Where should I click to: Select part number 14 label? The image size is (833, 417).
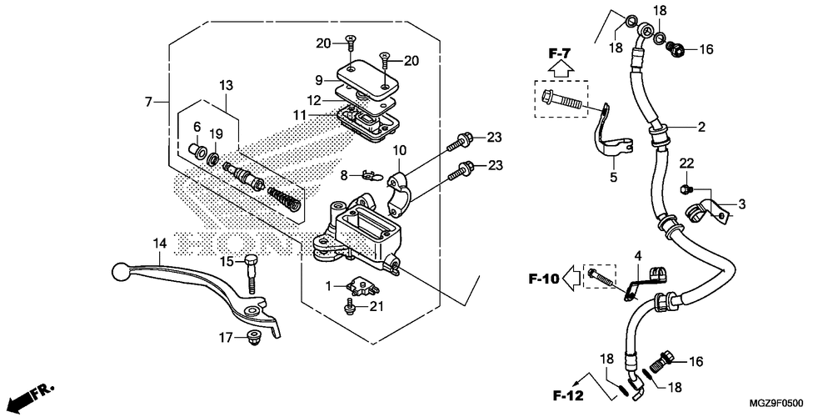(x=160, y=244)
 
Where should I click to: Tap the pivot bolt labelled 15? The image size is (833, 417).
(x=252, y=275)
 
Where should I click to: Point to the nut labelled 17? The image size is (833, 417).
(x=254, y=337)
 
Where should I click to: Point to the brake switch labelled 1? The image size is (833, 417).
(x=363, y=286)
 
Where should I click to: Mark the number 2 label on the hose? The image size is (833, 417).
(x=701, y=127)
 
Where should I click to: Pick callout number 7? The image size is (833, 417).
(x=149, y=101)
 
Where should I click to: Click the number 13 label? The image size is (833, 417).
(x=226, y=85)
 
